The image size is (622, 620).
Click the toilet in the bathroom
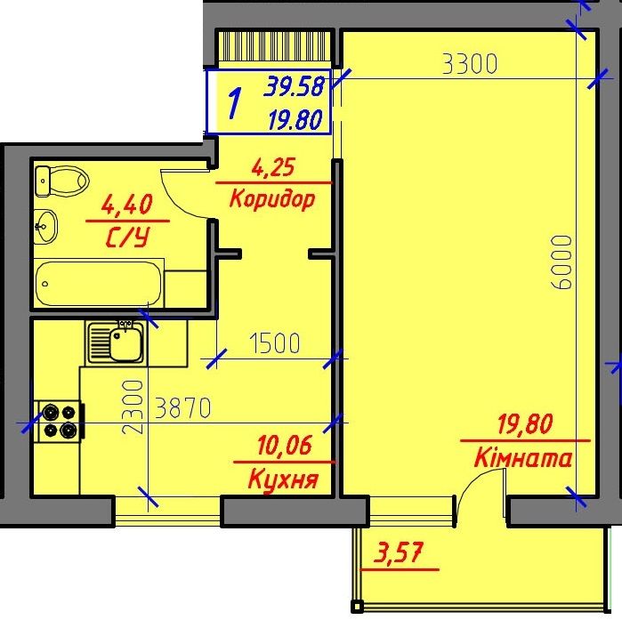tap(61, 181)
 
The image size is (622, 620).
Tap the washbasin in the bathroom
tap(45, 227)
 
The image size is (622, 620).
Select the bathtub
tap(99, 283)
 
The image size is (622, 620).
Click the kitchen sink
tap(116, 343)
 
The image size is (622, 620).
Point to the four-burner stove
tap(61, 422)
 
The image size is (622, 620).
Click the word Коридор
tap(272, 198)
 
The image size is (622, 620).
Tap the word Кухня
tap(283, 479)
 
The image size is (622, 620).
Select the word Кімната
tap(523, 458)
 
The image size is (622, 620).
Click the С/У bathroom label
tap(128, 238)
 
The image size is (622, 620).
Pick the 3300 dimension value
tap(470, 64)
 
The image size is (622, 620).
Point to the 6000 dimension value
tap(561, 262)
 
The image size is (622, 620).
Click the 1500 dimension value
tap(274, 342)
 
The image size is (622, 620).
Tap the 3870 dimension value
tap(183, 408)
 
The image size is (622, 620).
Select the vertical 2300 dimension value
tap(132, 407)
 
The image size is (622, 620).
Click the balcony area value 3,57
tap(399, 552)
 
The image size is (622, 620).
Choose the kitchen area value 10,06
tap(285, 445)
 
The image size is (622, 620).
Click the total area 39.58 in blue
tap(295, 86)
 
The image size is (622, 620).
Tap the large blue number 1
tap(235, 103)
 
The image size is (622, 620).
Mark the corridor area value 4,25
tap(274, 167)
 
